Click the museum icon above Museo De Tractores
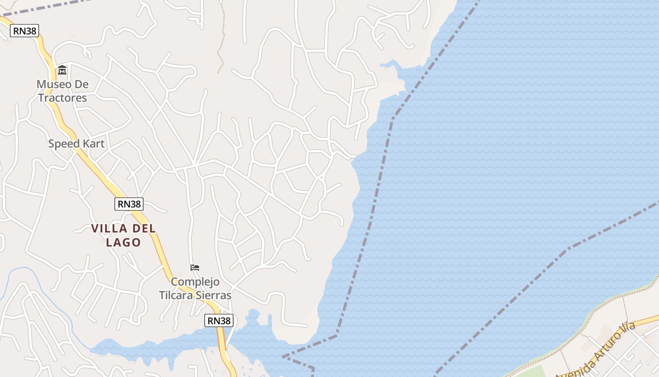(62, 70)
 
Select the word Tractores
(63, 98)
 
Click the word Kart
(93, 144)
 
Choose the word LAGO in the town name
(123, 243)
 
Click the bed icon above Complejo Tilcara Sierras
(194, 268)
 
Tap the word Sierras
(214, 295)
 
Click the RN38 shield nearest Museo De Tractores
(24, 31)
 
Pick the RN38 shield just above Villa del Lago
(129, 204)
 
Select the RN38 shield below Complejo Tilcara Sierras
(219, 321)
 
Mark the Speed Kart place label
(76, 144)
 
